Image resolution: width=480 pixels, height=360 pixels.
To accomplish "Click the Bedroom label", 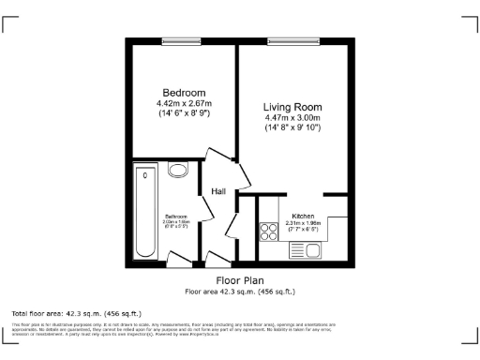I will [184, 93].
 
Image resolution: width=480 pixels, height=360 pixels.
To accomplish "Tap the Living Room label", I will [292, 107].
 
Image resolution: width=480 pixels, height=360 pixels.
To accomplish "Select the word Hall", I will [218, 191].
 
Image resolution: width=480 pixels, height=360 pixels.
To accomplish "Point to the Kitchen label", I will [303, 215].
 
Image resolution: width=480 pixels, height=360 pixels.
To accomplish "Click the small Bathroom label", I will [177, 215].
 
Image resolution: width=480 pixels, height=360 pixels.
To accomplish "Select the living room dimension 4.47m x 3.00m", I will [292, 118].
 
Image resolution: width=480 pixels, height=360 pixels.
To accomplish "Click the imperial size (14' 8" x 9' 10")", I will [292, 128].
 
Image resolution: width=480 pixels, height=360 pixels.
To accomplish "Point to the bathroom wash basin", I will [177, 170].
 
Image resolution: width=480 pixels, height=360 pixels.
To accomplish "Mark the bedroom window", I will [181, 40].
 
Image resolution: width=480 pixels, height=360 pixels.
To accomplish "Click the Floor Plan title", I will [240, 280].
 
